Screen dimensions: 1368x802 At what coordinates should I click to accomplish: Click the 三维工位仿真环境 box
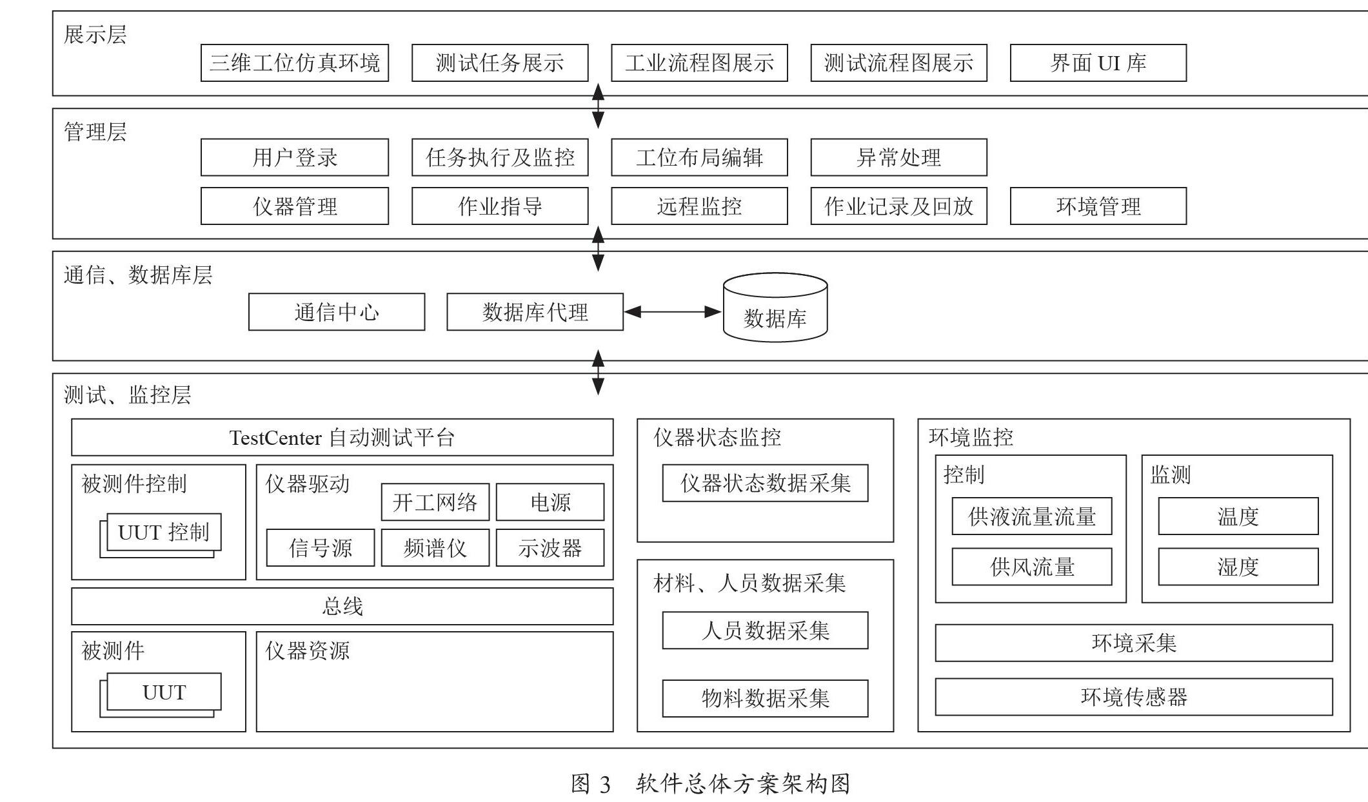pyautogui.click(x=295, y=63)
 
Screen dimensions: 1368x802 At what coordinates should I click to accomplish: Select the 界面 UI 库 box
pyautogui.click(x=1098, y=63)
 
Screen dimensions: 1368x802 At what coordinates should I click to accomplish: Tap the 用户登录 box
pyautogui.click(x=295, y=157)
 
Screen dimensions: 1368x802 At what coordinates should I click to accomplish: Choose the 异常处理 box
pyautogui.click(x=898, y=157)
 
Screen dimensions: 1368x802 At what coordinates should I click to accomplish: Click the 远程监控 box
pyautogui.click(x=699, y=206)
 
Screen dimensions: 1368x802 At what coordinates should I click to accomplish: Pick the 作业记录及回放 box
pyautogui.click(x=898, y=206)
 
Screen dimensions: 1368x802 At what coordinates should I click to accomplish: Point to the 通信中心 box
pyautogui.click(x=337, y=312)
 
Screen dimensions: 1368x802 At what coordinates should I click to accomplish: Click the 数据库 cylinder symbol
pyautogui.click(x=775, y=308)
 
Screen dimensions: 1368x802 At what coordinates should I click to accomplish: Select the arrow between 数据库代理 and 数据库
pyautogui.click(x=673, y=312)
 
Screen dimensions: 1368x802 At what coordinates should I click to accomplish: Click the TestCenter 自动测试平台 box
pyautogui.click(x=342, y=438)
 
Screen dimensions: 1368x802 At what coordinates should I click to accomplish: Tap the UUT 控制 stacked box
pyautogui.click(x=161, y=535)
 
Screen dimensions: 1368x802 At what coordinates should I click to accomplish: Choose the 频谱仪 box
pyautogui.click(x=435, y=548)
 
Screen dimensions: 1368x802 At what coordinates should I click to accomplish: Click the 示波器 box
pyautogui.click(x=550, y=548)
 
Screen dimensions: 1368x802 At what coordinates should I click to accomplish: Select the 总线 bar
pyautogui.click(x=342, y=606)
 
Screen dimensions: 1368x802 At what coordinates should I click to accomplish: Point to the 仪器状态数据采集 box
pyautogui.click(x=765, y=483)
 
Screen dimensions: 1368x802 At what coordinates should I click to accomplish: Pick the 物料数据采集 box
pyautogui.click(x=765, y=698)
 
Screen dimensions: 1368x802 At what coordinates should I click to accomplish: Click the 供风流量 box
pyautogui.click(x=1032, y=567)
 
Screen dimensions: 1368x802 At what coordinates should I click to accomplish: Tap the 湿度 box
pyautogui.click(x=1238, y=567)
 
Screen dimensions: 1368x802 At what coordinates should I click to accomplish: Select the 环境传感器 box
pyautogui.click(x=1134, y=697)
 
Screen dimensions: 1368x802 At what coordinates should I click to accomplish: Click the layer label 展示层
pyautogui.click(x=95, y=34)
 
